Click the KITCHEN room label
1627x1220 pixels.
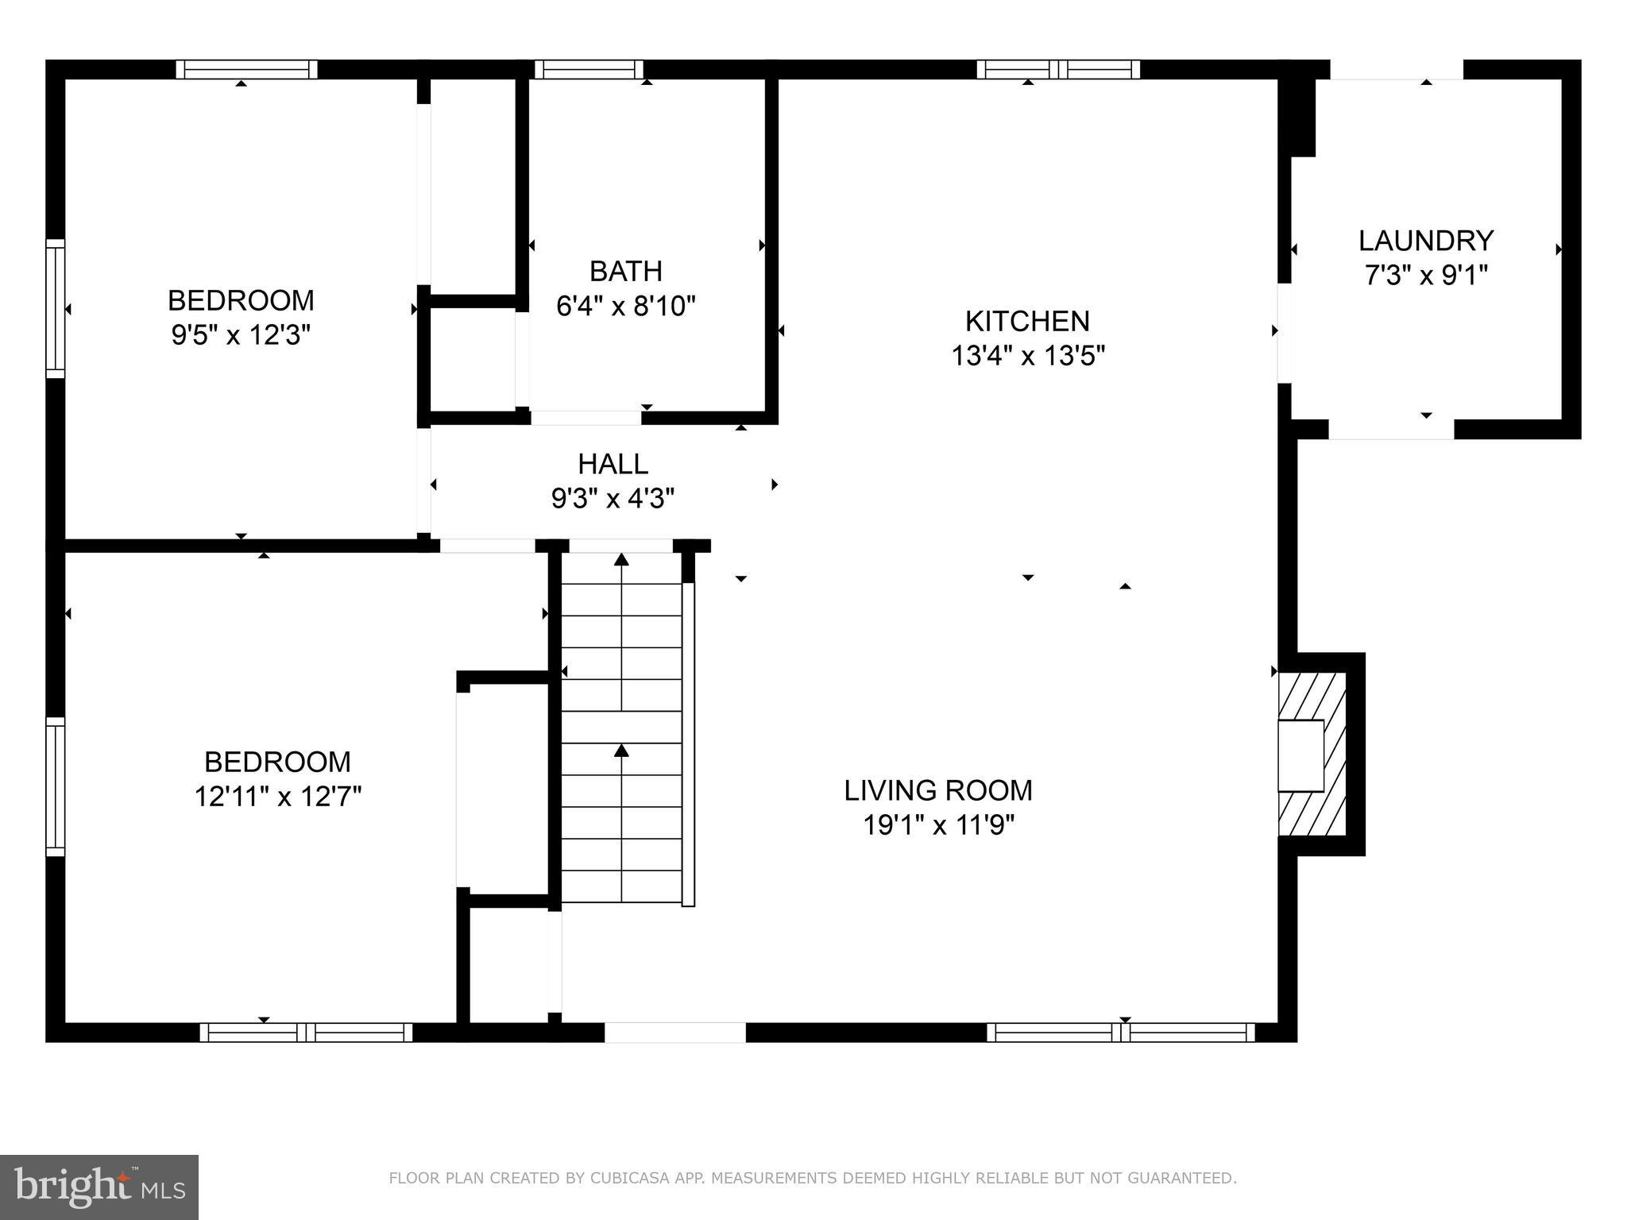point(1026,321)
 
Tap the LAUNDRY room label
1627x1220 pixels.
point(1425,240)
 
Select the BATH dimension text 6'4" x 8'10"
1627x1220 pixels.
point(625,306)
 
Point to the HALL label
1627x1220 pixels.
point(613,463)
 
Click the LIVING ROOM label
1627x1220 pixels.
point(937,790)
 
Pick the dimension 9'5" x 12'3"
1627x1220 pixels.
point(240,335)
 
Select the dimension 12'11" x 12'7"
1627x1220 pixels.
point(277,796)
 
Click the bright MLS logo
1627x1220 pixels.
point(99,1187)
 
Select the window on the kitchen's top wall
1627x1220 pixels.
point(1057,70)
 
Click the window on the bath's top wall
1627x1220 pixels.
point(589,70)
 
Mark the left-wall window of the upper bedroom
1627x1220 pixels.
point(55,308)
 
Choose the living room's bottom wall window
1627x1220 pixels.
point(1120,1033)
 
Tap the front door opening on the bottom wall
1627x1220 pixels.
point(675,1033)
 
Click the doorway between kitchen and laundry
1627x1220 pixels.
point(1284,334)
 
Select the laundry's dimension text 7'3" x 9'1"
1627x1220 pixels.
point(1425,276)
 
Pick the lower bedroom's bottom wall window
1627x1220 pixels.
point(306,1033)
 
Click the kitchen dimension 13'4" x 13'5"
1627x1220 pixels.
point(1028,356)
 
